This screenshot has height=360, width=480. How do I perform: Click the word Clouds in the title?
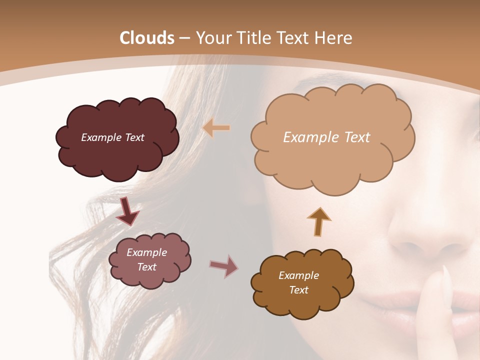[147, 38]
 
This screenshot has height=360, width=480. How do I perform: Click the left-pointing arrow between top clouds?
[216, 128]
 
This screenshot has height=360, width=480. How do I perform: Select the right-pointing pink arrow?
[224, 266]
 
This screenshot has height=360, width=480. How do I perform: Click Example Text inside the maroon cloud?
[112, 137]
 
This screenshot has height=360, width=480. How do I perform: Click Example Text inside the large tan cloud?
[326, 137]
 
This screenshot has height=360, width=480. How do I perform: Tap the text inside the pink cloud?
[146, 259]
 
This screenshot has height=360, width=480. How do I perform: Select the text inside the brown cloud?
[298, 282]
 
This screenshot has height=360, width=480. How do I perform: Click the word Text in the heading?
[295, 38]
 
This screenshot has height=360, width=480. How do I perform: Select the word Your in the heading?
[211, 38]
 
